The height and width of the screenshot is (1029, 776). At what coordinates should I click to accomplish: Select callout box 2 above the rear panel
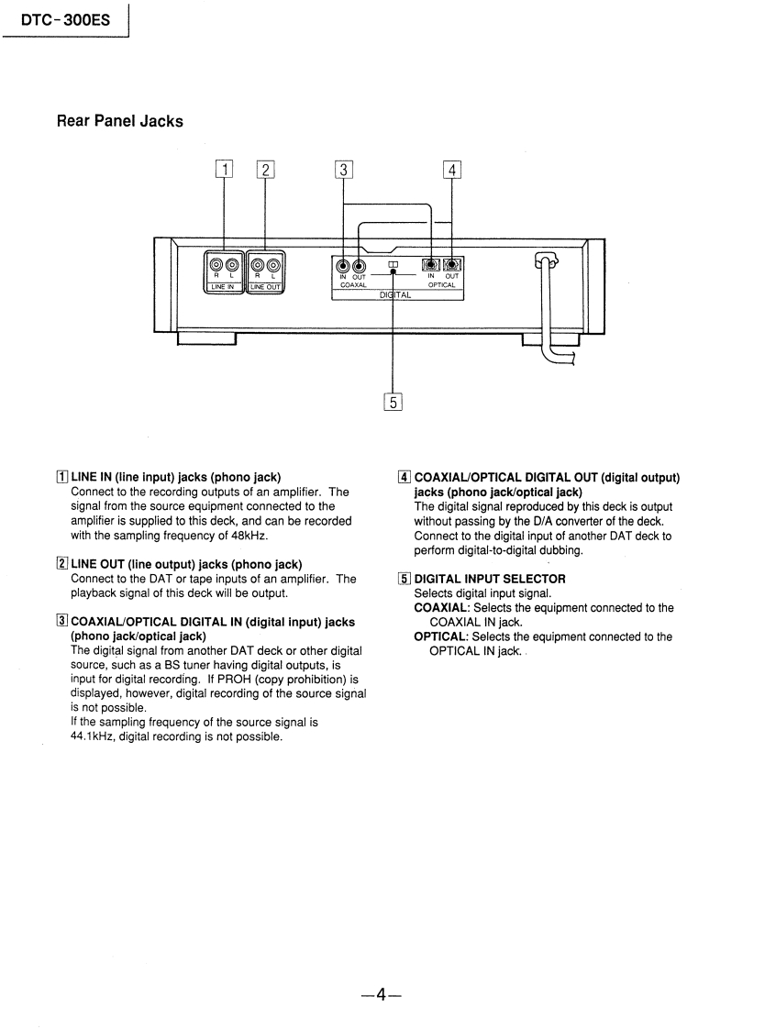click(265, 169)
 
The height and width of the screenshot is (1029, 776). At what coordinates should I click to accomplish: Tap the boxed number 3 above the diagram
click(343, 169)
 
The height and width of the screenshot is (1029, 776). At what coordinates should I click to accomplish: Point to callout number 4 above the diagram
click(451, 169)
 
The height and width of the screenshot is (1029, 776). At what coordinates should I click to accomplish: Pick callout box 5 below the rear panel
click(393, 402)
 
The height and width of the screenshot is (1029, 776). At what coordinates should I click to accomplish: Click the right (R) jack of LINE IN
click(216, 267)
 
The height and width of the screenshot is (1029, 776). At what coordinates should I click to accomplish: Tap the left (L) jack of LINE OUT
click(273, 267)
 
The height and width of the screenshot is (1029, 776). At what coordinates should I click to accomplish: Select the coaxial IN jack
click(343, 268)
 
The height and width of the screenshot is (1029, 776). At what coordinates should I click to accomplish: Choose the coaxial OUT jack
click(359, 268)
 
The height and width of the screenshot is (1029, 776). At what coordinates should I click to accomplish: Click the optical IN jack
click(431, 267)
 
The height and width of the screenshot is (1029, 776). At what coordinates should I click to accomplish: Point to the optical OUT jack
click(451, 267)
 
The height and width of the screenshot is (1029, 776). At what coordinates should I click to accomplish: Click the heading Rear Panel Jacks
click(119, 121)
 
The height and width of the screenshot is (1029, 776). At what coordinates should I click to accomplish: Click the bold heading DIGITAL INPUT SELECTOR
click(490, 579)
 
